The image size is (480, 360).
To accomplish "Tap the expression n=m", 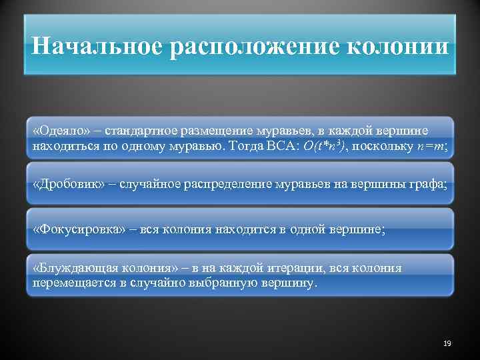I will (x=426, y=145).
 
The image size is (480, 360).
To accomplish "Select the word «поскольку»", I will (x=381, y=145).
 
